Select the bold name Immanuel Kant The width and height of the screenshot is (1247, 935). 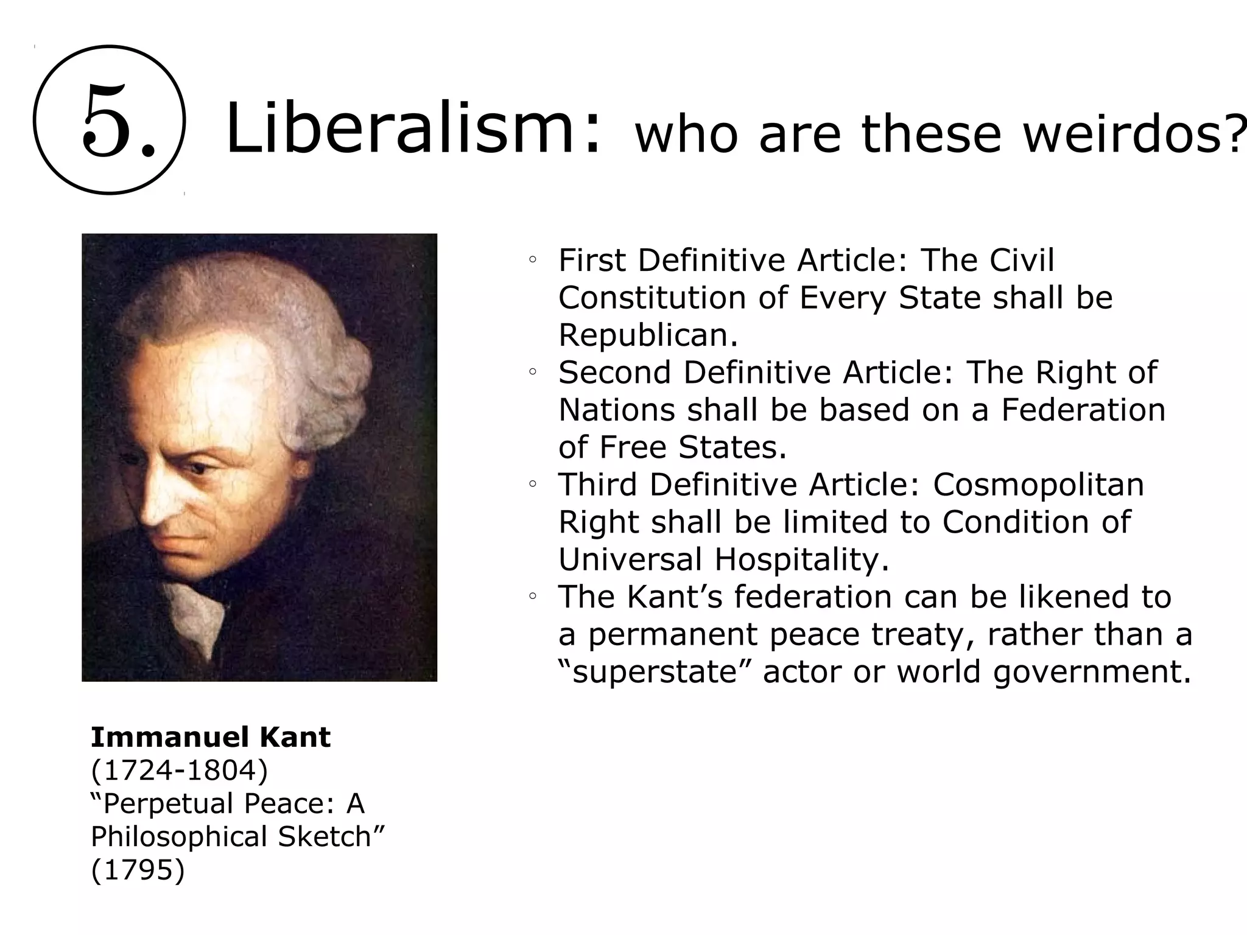(210, 737)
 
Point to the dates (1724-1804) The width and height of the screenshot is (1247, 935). (179, 770)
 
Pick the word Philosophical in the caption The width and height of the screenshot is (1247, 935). (180, 836)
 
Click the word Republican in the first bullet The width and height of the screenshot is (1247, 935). (647, 335)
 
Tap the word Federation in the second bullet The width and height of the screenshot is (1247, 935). (1083, 410)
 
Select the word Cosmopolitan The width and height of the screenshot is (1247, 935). (1038, 485)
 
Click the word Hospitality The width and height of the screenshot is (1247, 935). (801, 559)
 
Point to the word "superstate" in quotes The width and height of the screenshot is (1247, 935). (654, 672)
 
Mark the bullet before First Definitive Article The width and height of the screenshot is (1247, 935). (532, 261)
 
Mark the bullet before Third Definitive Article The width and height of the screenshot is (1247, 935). (532, 485)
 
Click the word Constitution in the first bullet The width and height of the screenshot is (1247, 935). (652, 298)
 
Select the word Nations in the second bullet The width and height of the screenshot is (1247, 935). (617, 410)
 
